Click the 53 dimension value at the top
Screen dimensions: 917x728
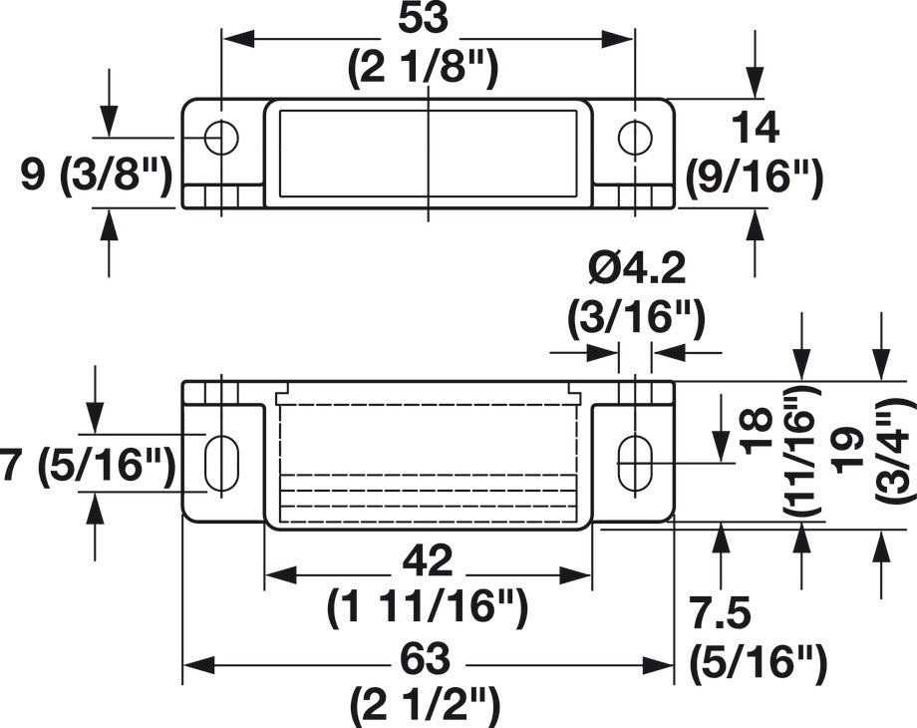click(x=423, y=19)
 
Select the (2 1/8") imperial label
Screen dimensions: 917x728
click(x=423, y=68)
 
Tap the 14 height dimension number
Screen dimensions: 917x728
click(x=755, y=129)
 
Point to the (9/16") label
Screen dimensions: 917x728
click(x=755, y=177)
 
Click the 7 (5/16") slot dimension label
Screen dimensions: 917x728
click(x=88, y=466)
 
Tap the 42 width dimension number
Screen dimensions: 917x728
click(x=428, y=560)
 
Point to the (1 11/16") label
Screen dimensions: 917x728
click(x=428, y=608)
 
